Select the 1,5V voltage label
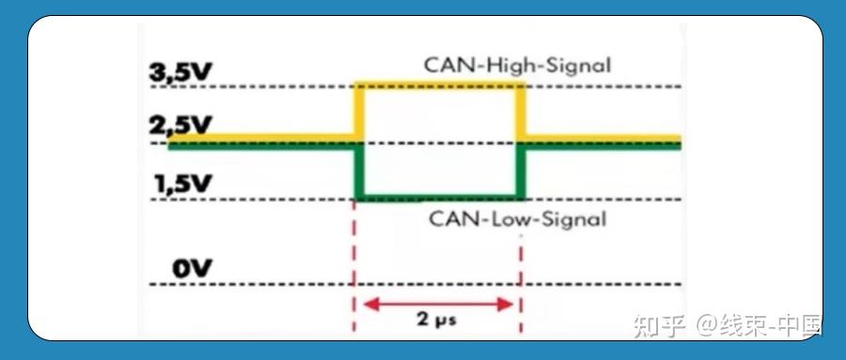183,182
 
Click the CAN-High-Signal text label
517,66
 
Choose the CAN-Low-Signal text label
517,220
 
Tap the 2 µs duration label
437,319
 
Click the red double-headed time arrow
438,303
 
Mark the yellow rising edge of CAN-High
357,113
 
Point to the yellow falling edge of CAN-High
520,113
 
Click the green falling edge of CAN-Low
357,171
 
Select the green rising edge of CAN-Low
520,171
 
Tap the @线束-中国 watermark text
760,325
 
